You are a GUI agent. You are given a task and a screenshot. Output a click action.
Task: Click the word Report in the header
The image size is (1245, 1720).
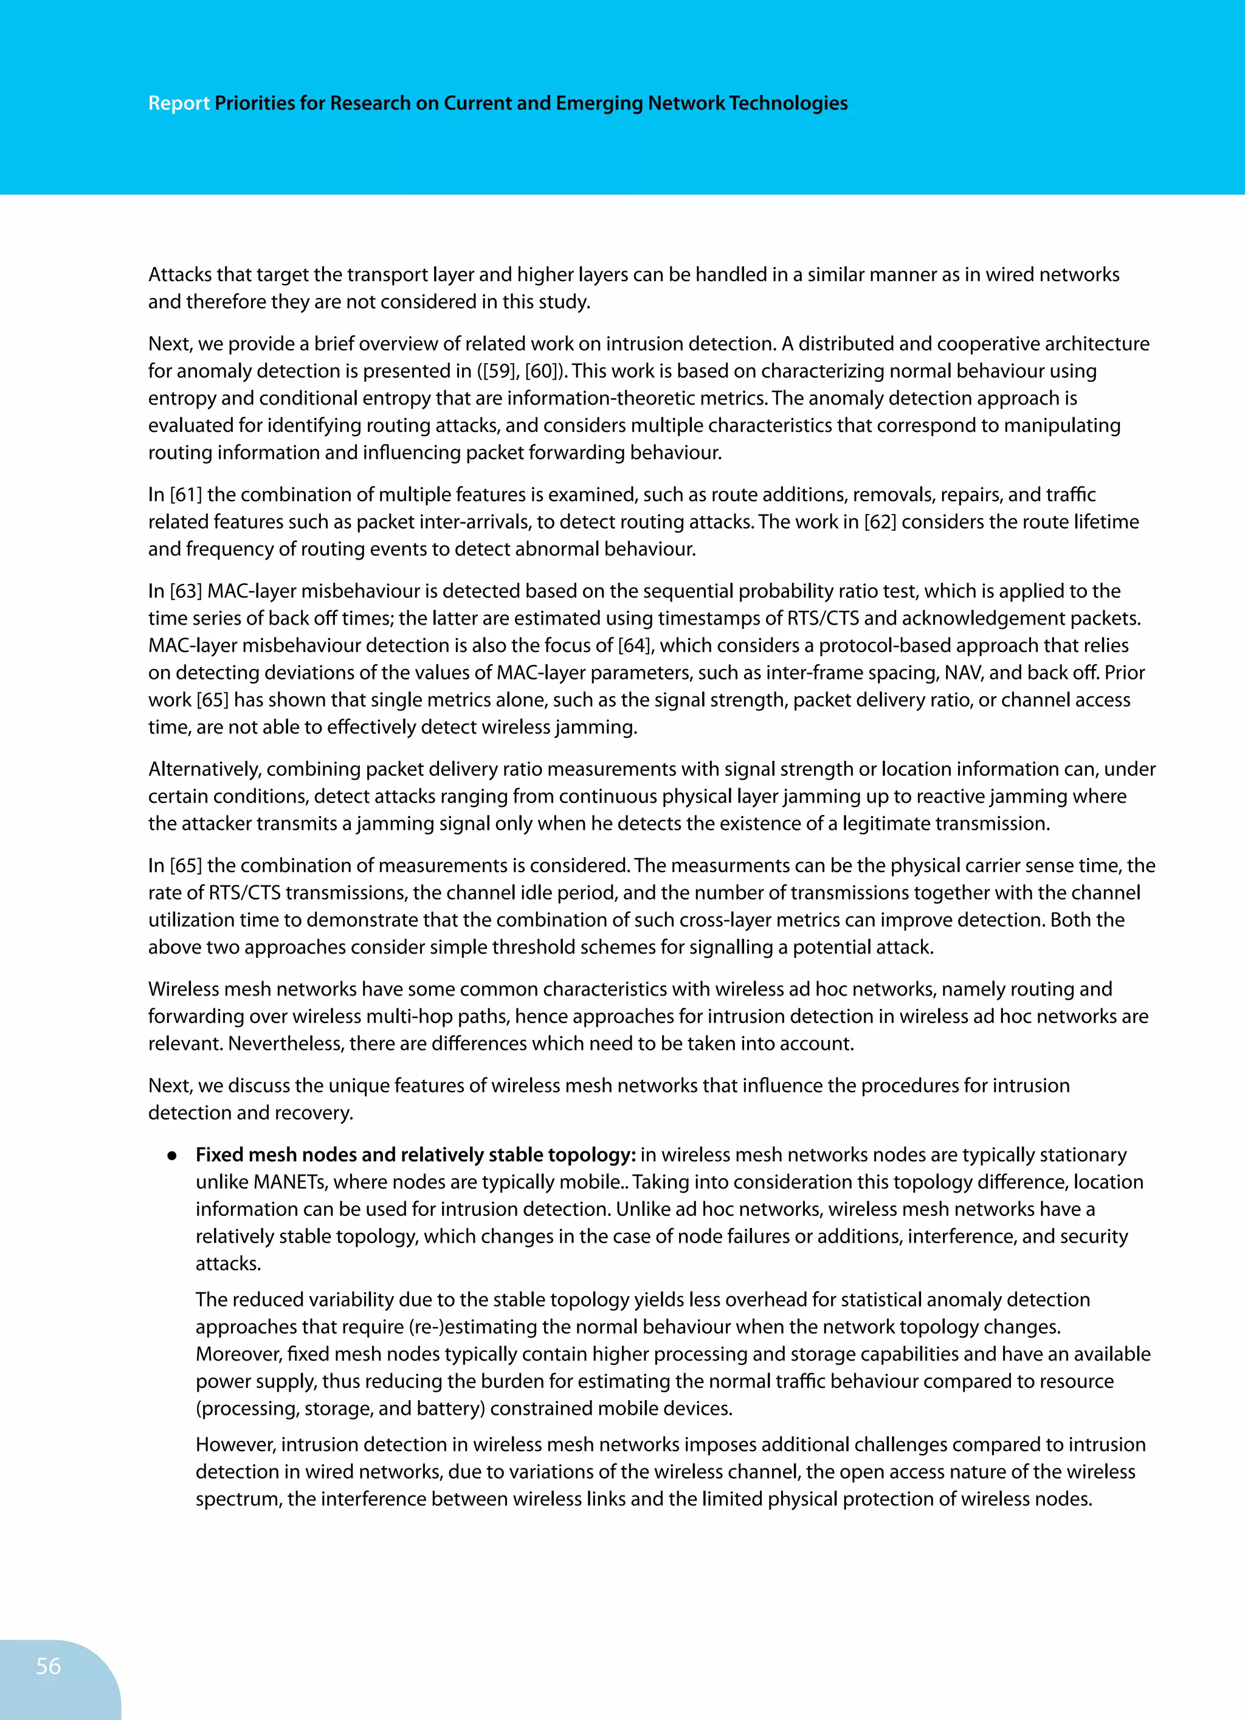click(178, 103)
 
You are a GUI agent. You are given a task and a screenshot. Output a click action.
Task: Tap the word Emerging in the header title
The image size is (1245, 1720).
click(598, 103)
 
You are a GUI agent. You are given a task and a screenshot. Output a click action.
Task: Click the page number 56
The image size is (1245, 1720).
click(48, 1665)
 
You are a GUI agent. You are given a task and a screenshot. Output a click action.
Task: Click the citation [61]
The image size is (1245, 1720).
click(186, 494)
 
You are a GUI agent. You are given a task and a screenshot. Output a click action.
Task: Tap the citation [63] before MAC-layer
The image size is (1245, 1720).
click(186, 591)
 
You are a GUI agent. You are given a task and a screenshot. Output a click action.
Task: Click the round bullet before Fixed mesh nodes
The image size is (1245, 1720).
click(172, 1156)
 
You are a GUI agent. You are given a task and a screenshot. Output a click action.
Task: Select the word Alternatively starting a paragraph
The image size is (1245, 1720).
click(205, 769)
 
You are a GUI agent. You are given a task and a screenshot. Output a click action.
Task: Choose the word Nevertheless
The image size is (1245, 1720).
click(286, 1044)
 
